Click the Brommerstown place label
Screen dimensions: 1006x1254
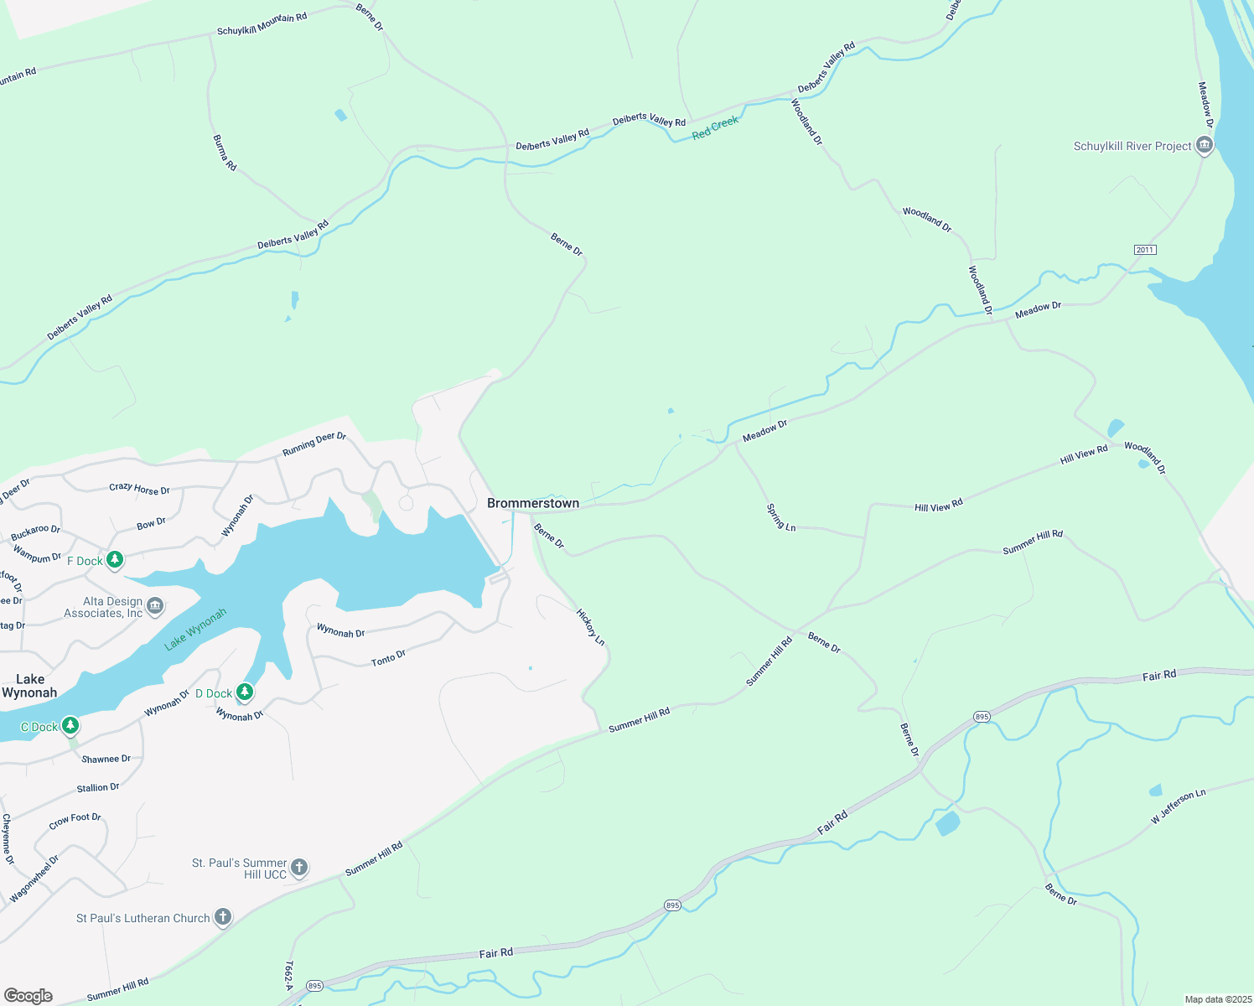point(533,503)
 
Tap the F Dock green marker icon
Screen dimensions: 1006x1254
point(115,560)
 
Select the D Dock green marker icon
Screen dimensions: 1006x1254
point(245,692)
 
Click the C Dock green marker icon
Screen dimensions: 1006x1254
point(70,725)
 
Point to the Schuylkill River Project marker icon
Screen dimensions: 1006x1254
point(1205,146)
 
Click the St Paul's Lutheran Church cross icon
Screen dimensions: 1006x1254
point(223,917)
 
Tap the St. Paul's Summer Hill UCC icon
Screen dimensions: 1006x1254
point(299,868)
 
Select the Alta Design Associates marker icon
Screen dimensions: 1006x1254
point(155,606)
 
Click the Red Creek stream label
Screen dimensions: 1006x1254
point(715,127)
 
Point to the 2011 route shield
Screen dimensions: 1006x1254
point(1145,250)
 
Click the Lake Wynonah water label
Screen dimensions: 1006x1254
point(195,629)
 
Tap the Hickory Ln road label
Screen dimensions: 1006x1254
point(590,627)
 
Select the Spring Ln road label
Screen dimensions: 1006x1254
point(780,516)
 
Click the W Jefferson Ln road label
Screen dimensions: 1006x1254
point(1178,806)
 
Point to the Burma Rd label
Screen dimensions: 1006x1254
point(225,153)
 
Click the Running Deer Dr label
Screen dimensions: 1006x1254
point(314,444)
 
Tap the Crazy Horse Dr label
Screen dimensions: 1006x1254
point(139,489)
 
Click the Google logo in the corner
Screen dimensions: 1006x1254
point(28,995)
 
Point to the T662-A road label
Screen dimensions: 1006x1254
point(289,976)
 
